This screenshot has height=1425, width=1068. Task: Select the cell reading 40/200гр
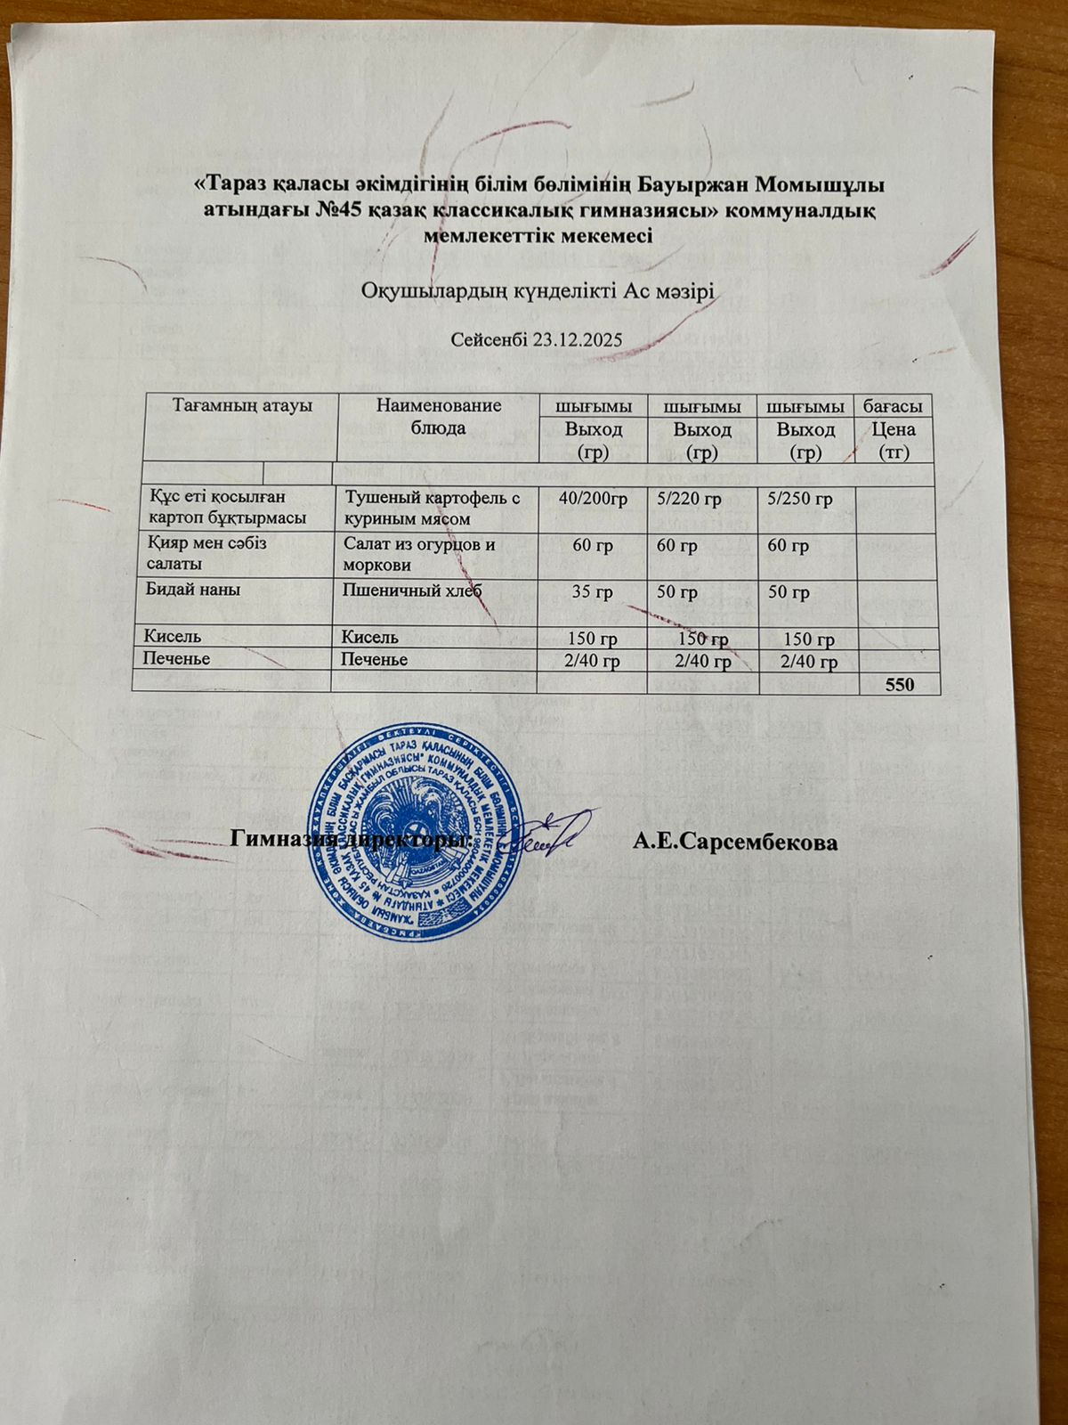pos(593,499)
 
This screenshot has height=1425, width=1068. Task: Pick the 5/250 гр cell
pos(799,499)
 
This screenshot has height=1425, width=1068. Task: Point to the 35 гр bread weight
pos(592,592)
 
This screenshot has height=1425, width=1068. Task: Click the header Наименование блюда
pos(439,416)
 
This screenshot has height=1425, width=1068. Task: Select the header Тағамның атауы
pos(242,405)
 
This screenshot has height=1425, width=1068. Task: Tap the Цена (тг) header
pos(894,441)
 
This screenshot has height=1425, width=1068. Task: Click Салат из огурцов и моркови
pos(418,554)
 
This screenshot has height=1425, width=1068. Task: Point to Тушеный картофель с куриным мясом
pos(432,508)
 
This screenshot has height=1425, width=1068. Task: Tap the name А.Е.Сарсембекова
pos(735,843)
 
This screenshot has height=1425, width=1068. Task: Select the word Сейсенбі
pos(488,340)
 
